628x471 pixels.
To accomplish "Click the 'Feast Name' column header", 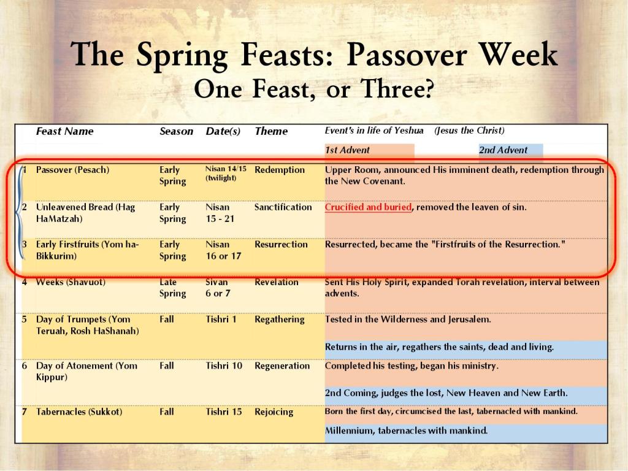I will (64, 131).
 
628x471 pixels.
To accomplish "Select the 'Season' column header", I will (176, 131).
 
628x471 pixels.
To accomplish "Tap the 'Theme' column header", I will (271, 131).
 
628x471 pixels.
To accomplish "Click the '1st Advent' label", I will (347, 150).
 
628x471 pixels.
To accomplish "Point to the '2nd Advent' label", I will (503, 150).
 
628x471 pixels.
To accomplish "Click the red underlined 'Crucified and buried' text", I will (368, 207).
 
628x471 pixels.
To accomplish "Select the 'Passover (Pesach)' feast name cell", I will (72, 170).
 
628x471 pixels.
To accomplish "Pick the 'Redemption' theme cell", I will (280, 170).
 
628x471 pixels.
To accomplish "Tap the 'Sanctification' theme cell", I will (283, 207).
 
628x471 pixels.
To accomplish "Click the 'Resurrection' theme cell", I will (281, 244).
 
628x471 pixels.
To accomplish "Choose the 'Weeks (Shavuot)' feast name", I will (71, 282).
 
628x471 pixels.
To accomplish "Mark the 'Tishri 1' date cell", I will (221, 320).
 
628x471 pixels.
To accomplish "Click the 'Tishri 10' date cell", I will (224, 366).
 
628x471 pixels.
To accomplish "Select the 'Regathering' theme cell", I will (280, 320).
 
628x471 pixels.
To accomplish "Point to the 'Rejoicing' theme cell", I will (274, 412).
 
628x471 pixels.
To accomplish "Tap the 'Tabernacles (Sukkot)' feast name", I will (79, 412).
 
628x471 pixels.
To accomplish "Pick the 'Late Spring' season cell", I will (172, 288).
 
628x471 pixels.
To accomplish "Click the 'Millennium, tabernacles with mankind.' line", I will (406, 431).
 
